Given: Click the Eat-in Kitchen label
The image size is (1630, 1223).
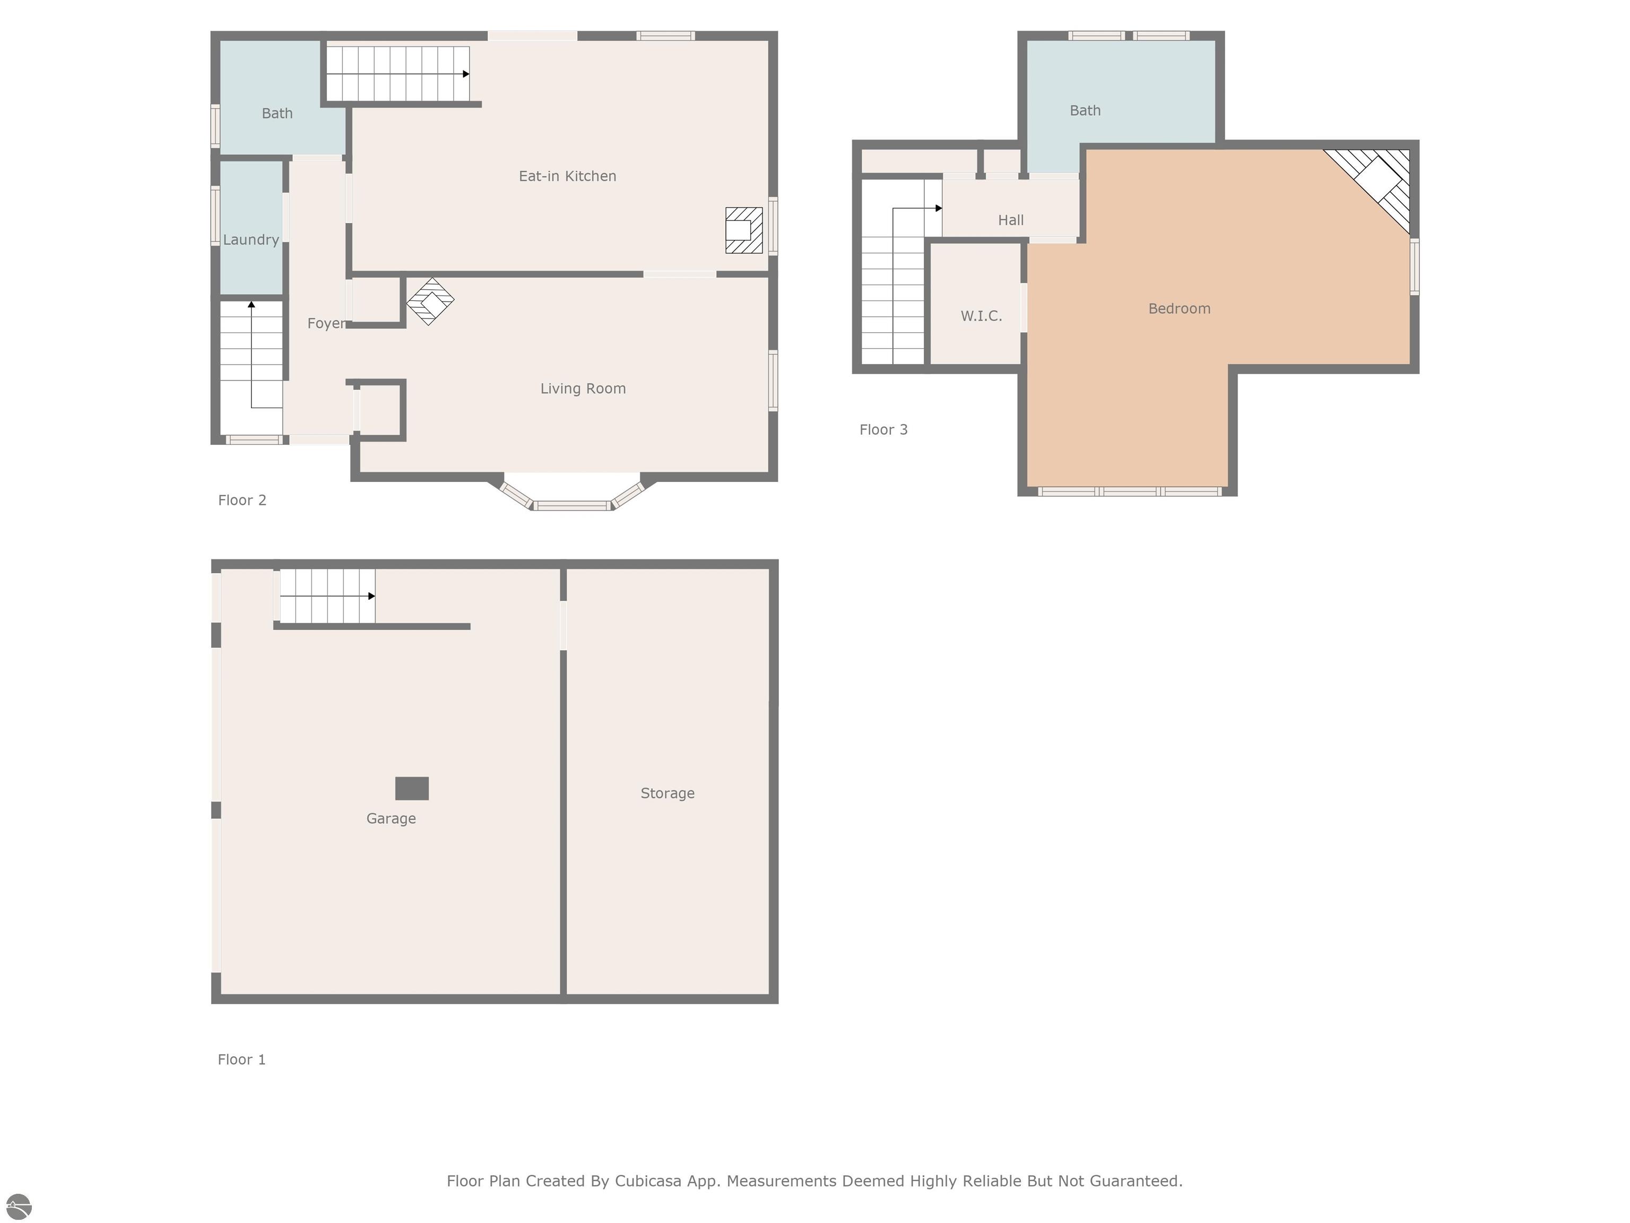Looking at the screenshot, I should (567, 176).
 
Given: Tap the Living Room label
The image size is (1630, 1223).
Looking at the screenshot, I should (583, 389).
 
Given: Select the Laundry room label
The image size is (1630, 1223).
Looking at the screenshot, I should (250, 239).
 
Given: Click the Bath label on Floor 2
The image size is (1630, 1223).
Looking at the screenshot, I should (277, 114).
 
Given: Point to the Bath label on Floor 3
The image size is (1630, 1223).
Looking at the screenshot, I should (1085, 110).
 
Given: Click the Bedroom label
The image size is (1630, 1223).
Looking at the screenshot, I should (1179, 309).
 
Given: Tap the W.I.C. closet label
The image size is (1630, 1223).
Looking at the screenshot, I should (981, 316).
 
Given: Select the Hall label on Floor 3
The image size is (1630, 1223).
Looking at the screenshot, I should (1010, 220).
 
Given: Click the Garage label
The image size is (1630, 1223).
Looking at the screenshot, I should (391, 819).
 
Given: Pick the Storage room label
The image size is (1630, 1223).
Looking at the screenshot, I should (667, 793).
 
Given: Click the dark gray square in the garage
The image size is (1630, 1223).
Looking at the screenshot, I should (412, 788).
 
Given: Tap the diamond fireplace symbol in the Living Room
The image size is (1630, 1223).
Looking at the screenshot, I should (430, 301).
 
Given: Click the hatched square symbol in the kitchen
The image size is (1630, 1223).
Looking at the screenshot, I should (743, 230).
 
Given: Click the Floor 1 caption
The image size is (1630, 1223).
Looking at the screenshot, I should (241, 1060).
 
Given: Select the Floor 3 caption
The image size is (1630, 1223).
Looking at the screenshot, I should (883, 430).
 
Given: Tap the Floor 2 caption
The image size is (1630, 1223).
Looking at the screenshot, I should (242, 501).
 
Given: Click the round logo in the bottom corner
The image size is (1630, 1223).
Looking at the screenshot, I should (19, 1207).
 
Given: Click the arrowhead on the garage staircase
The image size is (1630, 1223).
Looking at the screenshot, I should (371, 596).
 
